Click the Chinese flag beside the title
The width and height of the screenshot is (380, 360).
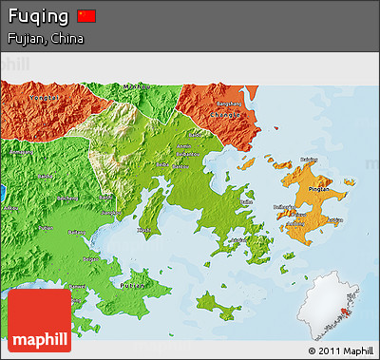pyautogui.click(x=86, y=16)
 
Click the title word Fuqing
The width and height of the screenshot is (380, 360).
pyautogui.click(x=38, y=17)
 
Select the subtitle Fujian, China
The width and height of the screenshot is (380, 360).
pyautogui.click(x=45, y=39)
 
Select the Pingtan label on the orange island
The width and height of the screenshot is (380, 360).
pyautogui.click(x=319, y=188)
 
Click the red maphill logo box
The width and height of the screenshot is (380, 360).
pyautogui.click(x=39, y=319)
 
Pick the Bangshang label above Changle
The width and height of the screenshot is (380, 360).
pyautogui.click(x=230, y=102)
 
